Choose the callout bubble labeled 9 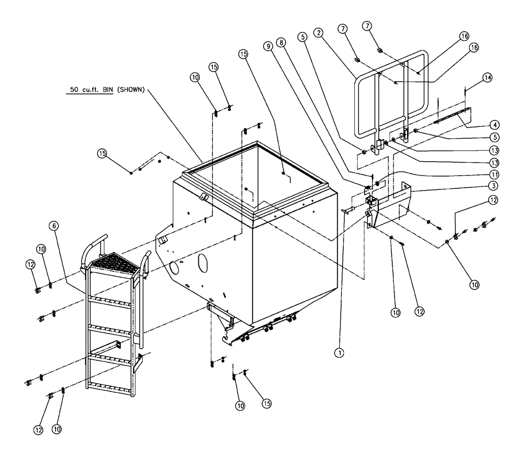[x=267, y=45]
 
